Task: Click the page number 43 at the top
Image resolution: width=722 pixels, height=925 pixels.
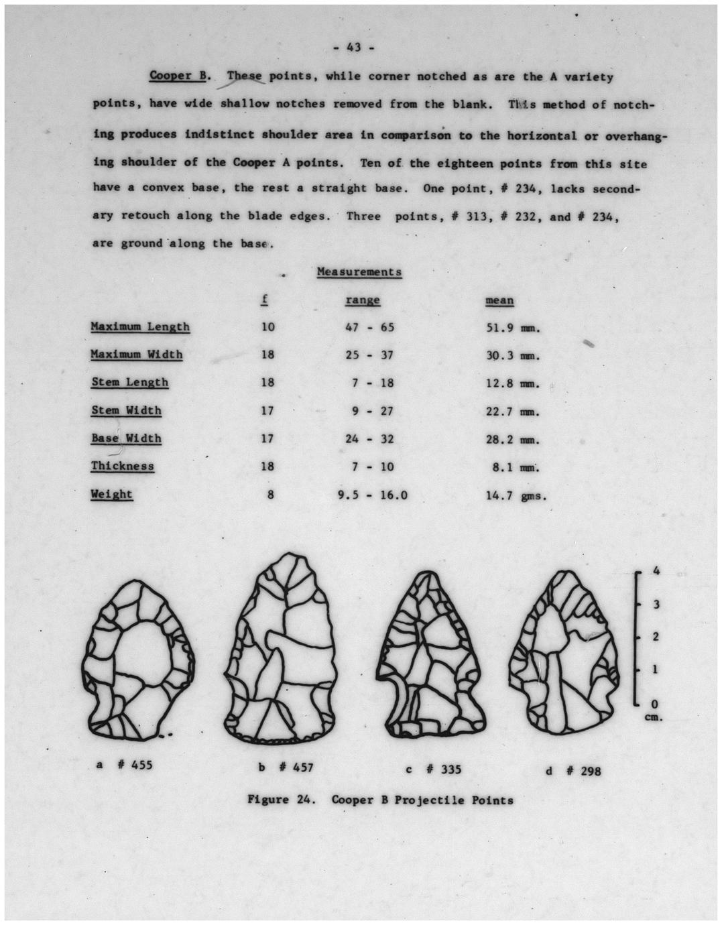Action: point(355,47)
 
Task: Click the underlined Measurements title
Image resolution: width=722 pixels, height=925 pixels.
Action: point(359,272)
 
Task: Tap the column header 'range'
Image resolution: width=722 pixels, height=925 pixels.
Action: point(363,300)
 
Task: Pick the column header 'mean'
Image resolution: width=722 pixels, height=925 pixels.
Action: point(499,301)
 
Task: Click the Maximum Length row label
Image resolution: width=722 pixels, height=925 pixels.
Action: point(140,327)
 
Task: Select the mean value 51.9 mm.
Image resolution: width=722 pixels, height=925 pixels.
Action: point(513,328)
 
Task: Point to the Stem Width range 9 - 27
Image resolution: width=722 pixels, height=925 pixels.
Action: point(373,411)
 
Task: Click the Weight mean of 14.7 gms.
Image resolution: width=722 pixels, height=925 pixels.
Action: point(516,496)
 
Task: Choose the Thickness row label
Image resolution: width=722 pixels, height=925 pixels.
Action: point(123,467)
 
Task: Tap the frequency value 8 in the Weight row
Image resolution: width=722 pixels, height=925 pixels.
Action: point(269,496)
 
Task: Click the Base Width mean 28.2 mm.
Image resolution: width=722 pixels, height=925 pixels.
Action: point(513,440)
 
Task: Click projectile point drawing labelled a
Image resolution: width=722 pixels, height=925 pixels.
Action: point(138,661)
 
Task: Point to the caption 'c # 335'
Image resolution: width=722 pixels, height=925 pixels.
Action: point(433,769)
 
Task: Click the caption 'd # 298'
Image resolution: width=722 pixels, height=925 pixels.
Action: point(573,771)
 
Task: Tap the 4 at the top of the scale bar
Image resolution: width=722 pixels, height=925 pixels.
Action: point(657,570)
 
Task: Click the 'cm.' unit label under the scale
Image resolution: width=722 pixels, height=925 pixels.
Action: point(654,717)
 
